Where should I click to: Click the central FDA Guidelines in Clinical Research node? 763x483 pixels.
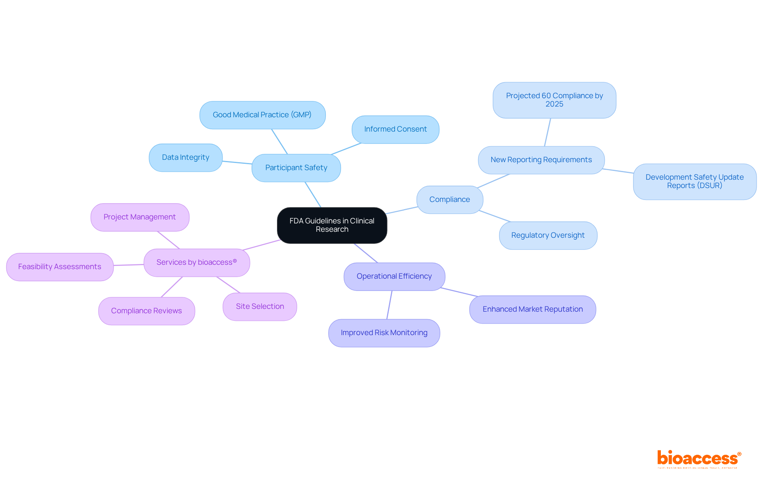coord(332,225)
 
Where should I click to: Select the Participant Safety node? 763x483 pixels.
coord(296,168)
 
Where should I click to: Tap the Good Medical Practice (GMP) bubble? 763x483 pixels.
coord(262,115)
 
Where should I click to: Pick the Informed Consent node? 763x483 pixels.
coord(395,129)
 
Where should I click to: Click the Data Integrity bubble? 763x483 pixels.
coord(186,157)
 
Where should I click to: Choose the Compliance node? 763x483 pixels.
coord(449,200)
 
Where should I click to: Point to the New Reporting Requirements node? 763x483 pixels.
coord(541,160)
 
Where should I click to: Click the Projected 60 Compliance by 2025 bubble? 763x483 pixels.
coord(554,100)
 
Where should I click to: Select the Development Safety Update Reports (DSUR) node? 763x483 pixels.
coord(694,181)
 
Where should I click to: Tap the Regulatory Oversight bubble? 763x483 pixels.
coord(548,235)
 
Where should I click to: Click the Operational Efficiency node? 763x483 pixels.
coord(394,276)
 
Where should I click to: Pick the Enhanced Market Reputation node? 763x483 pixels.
coord(533,309)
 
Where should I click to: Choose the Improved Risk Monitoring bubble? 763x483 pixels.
coord(384,333)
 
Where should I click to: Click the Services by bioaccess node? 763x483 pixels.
coord(197,262)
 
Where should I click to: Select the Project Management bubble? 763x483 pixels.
coord(139,217)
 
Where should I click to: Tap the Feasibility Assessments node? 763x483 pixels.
coord(60,267)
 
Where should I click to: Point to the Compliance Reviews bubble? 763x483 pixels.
coord(146,311)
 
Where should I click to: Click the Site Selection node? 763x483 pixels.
coord(260,306)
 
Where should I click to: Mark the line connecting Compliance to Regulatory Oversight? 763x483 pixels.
coord(495,216)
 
